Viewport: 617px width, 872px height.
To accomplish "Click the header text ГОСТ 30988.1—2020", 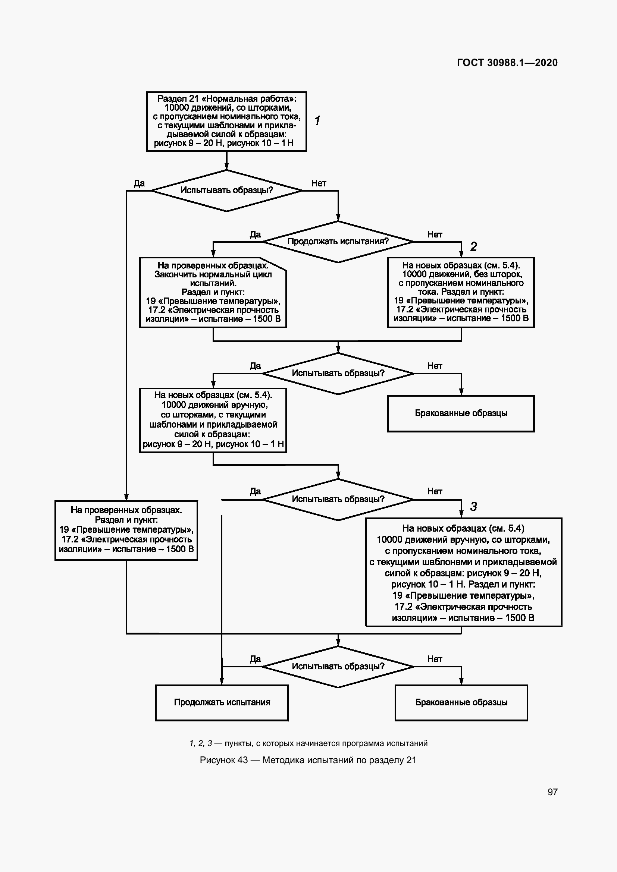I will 507,63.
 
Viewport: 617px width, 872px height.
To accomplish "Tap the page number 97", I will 552,792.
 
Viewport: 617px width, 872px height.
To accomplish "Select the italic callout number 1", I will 317,120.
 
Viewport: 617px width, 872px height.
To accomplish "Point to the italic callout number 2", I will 473,247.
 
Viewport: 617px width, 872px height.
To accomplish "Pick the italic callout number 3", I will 473,506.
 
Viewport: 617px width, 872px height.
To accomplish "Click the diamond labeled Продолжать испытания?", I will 338,242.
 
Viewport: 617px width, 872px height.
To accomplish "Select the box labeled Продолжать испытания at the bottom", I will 222,703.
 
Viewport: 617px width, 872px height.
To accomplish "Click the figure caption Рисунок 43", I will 308,760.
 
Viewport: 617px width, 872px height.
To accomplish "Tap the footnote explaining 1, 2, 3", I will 308,743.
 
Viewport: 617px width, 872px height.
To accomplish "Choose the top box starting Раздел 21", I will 226,121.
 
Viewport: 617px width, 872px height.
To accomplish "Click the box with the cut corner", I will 213,292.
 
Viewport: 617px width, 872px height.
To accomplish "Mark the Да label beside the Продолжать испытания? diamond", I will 255,234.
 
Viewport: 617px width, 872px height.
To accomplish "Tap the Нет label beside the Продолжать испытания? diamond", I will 434,234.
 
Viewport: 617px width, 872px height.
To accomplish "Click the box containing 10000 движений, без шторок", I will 461,292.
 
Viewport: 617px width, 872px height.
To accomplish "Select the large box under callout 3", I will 463,572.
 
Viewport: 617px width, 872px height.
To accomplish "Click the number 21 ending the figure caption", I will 411,760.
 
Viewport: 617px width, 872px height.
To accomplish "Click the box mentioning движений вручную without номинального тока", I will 213,420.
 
